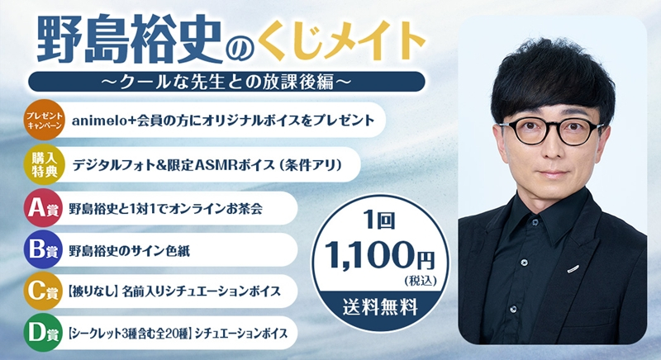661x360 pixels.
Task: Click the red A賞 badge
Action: point(44,208)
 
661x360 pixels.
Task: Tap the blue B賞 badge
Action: point(44,249)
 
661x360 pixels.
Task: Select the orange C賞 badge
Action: point(44,291)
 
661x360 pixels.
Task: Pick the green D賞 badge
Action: point(44,333)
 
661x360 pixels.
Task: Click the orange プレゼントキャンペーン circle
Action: point(44,120)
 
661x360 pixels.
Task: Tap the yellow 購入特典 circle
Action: point(44,164)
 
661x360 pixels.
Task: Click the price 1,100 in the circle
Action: point(368,254)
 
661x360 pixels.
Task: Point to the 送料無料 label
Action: point(380,307)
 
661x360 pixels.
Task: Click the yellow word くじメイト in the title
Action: point(340,40)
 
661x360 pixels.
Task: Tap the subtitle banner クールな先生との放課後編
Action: point(226,81)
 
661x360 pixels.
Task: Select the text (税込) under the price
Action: point(421,281)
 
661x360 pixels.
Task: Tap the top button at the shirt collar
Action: point(535,222)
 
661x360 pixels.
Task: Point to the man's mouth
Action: point(552,173)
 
